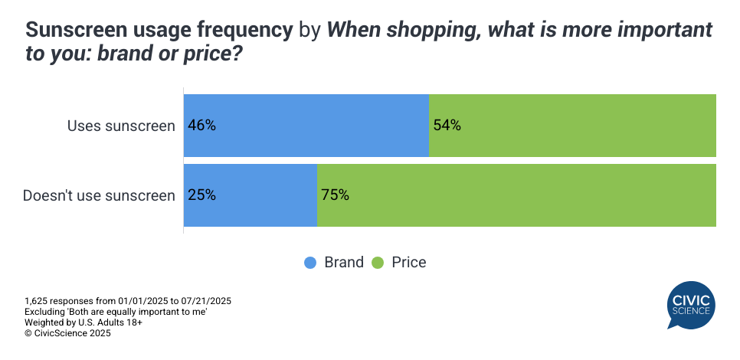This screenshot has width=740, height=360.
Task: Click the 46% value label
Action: pyautogui.click(x=201, y=126)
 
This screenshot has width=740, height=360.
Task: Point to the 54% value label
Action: pyautogui.click(x=447, y=126)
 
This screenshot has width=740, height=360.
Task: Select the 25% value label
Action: pyautogui.click(x=201, y=195)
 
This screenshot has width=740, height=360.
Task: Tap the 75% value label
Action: pyautogui.click(x=335, y=195)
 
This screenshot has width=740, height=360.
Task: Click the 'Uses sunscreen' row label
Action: pyautogui.click(x=121, y=126)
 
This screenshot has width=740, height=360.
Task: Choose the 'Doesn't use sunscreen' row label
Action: pyautogui.click(x=99, y=195)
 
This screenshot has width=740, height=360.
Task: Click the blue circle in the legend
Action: pyautogui.click(x=310, y=263)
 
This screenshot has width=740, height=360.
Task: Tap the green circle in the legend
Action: pyautogui.click(x=378, y=263)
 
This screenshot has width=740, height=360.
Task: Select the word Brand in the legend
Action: pyautogui.click(x=344, y=263)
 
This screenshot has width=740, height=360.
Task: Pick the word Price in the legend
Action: pyautogui.click(x=408, y=263)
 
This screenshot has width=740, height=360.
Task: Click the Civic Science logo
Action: pyautogui.click(x=691, y=304)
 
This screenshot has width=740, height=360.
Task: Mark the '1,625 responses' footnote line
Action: pyautogui.click(x=128, y=301)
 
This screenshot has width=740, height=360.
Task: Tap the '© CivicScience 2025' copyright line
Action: pyautogui.click(x=68, y=333)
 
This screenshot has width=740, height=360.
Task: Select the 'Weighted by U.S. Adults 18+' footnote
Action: pyautogui.click(x=83, y=322)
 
